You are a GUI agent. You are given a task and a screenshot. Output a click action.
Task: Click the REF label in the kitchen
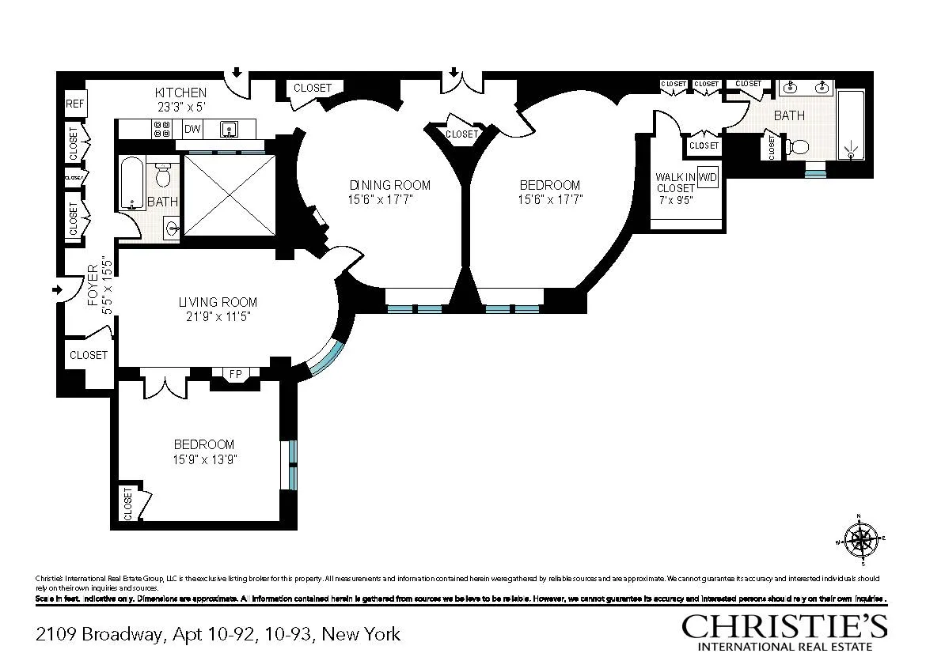[x=75, y=104]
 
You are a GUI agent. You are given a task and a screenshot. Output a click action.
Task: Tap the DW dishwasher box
[x=192, y=129]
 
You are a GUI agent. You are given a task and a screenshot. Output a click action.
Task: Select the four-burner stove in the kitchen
[x=162, y=129]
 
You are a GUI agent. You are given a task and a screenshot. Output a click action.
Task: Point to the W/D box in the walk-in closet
[x=708, y=179]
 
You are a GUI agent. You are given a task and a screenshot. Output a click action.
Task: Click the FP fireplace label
[x=235, y=373]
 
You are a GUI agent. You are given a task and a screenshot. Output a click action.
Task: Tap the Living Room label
[x=217, y=302]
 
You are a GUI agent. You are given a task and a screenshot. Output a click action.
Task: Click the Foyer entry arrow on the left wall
[x=57, y=290]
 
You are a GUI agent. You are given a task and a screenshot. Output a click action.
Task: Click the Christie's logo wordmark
[x=784, y=625]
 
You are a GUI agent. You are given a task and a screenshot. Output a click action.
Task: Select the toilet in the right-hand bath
[x=797, y=147]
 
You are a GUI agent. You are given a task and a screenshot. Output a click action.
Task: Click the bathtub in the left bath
[x=131, y=183]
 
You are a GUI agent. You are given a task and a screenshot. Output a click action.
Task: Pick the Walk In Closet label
[x=674, y=183]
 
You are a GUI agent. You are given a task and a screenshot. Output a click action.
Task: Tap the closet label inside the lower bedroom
[x=127, y=504]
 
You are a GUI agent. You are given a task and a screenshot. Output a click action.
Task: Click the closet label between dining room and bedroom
[x=461, y=134]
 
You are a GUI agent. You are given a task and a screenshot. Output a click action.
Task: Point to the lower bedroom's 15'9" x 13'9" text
[x=204, y=459]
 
